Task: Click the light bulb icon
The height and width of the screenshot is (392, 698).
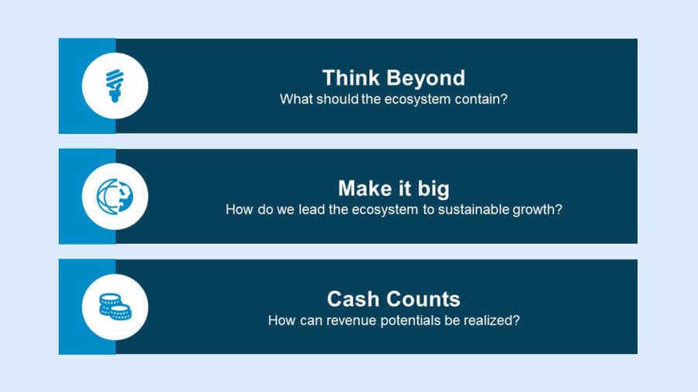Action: point(115,86)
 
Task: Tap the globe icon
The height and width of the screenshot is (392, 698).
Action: point(115,197)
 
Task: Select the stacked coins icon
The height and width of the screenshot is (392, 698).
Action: point(115,307)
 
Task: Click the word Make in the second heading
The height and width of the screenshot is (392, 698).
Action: point(365,188)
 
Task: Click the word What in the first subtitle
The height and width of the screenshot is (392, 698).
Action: point(294,98)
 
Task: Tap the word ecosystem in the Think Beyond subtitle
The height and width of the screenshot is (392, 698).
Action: point(417,99)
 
